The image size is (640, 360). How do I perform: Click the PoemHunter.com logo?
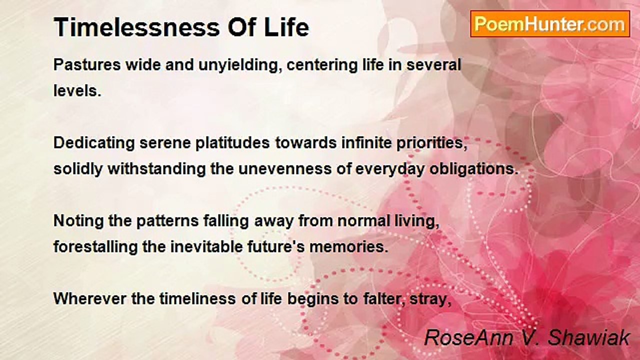tap(550, 24)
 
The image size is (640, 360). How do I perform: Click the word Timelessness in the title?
tap(137, 27)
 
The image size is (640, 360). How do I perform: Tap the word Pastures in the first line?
tap(87, 65)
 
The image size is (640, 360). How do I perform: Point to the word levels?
tap(77, 91)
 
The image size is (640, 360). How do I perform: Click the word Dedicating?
tap(94, 143)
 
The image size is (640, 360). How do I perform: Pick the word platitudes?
tap(232, 143)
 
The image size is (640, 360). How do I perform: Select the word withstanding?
tap(156, 169)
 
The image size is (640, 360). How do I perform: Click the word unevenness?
tap(285, 169)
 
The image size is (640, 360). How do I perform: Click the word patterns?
tap(167, 221)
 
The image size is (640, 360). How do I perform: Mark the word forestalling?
tap(95, 247)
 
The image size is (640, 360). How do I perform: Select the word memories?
tap(349, 247)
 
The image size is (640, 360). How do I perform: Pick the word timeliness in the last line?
tap(197, 299)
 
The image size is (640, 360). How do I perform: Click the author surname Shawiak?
tap(588, 337)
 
